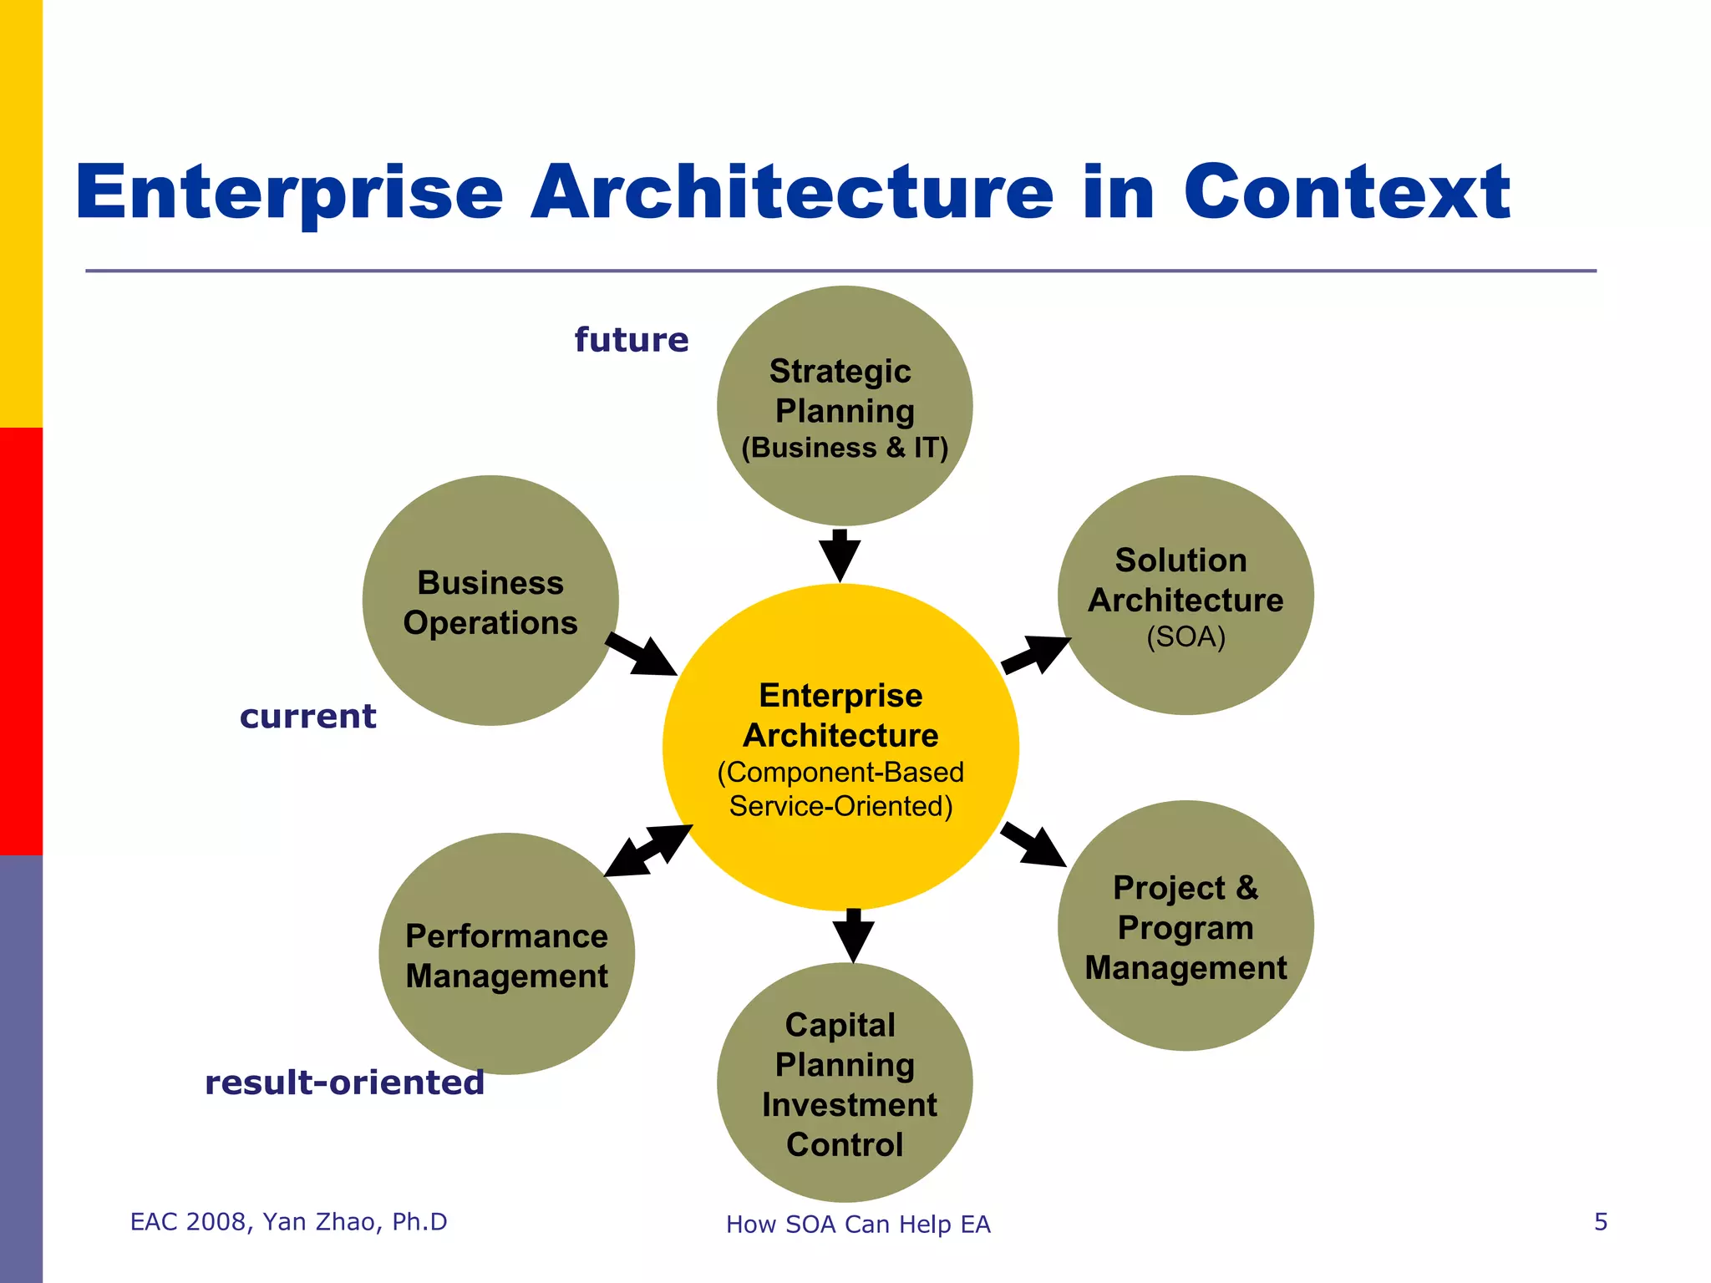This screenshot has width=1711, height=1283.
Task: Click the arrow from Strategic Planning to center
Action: (x=840, y=555)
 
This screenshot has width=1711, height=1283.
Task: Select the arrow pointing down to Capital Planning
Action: (x=853, y=936)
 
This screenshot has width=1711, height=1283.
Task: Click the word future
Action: (x=632, y=340)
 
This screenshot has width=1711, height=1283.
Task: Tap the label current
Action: (x=307, y=717)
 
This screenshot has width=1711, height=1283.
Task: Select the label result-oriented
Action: (x=344, y=1083)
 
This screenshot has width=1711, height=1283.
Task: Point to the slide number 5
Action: (x=1601, y=1222)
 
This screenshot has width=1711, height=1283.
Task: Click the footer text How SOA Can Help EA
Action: (x=858, y=1225)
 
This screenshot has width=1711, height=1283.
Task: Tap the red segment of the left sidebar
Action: (x=21, y=641)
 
